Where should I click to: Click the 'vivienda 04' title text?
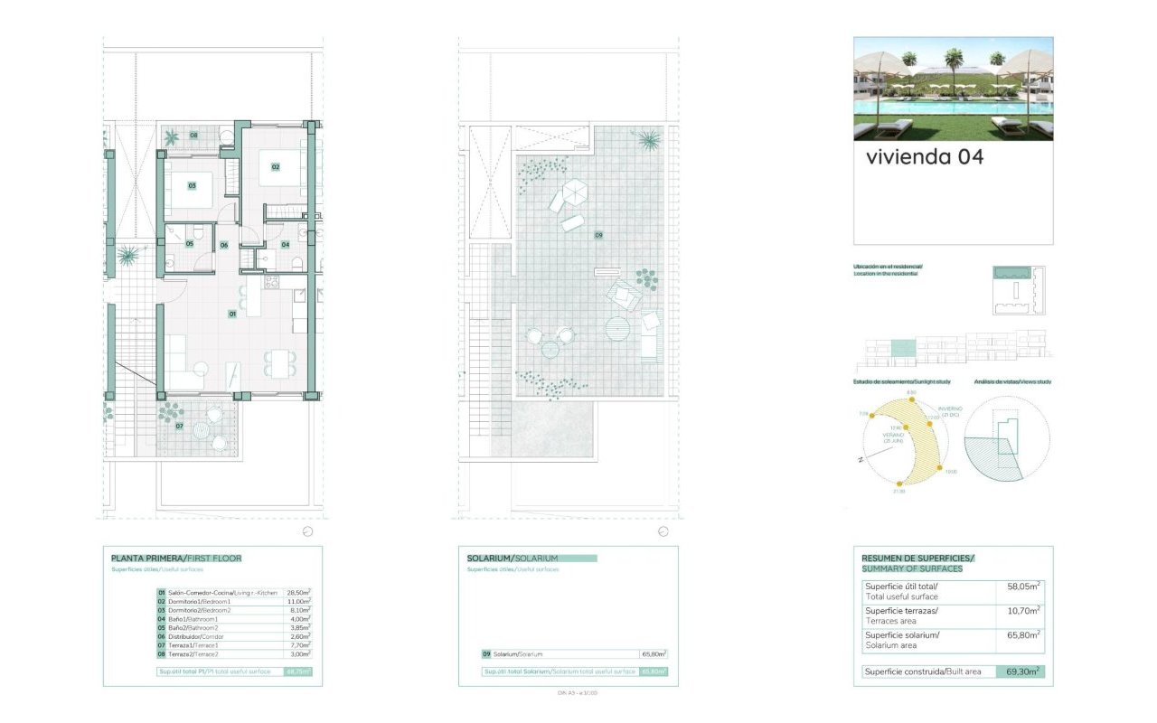click(x=924, y=156)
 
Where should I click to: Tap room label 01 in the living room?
click(x=232, y=314)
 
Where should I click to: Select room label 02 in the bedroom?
click(x=276, y=166)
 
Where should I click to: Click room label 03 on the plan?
click(x=192, y=185)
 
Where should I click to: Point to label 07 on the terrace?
click(x=180, y=426)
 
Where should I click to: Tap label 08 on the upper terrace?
click(x=193, y=136)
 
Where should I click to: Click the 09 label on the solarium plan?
click(x=597, y=235)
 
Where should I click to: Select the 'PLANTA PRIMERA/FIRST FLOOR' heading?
click(x=176, y=559)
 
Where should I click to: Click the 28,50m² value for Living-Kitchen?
click(x=299, y=592)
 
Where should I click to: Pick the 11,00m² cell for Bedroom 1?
click(x=299, y=601)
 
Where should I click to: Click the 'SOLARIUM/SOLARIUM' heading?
click(x=513, y=559)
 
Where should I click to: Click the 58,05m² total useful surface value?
click(x=1023, y=586)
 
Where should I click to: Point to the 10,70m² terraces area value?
click(x=1023, y=611)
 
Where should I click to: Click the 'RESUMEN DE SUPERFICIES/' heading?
click(x=917, y=559)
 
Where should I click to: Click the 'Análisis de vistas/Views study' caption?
click(x=1013, y=382)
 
